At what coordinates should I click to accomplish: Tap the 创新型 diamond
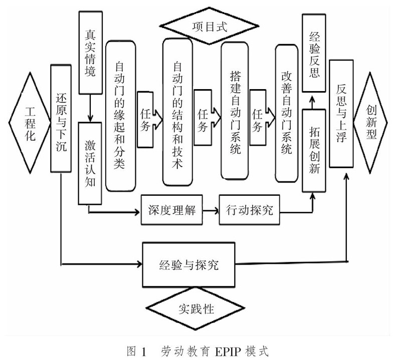pos(371,123)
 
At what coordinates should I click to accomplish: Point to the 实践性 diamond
pos(196,308)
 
